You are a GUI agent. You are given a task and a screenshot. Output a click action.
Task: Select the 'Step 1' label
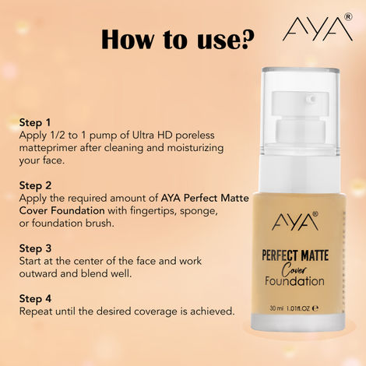coord(35,123)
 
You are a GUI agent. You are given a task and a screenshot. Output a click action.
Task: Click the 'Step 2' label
coord(35,185)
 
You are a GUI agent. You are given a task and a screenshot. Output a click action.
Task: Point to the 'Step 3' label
coord(35,248)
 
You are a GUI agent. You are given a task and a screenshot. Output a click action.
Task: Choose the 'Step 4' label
coord(35,298)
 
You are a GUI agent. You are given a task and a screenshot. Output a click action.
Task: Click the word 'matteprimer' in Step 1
coord(46,147)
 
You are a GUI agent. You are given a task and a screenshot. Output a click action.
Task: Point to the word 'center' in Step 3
coord(95,260)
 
